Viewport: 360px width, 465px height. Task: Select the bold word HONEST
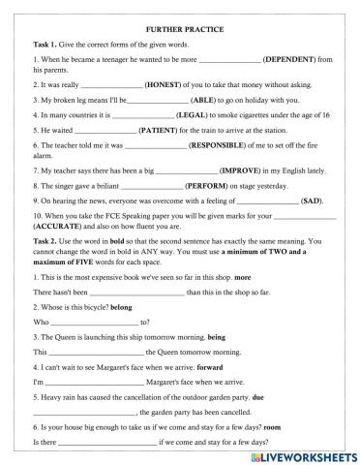tap(151, 84)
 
